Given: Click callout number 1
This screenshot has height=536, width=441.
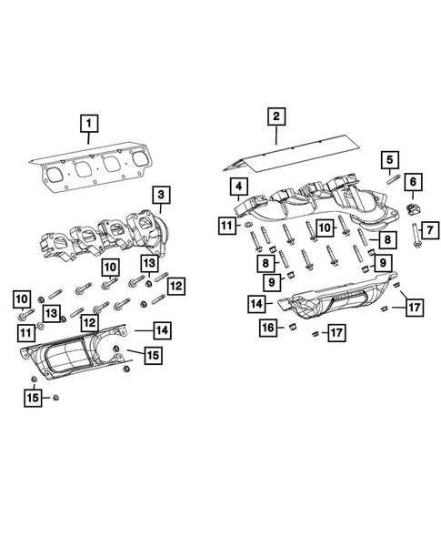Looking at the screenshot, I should [x=88, y=122].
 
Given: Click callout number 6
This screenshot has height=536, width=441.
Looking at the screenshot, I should [x=413, y=184].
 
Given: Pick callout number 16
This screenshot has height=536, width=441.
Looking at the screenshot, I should [x=268, y=326].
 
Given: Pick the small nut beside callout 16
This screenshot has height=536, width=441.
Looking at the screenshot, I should [x=294, y=326].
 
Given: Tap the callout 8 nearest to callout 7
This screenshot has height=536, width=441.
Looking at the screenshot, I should [x=387, y=239].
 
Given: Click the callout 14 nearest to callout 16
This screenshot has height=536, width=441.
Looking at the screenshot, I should [x=258, y=303].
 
